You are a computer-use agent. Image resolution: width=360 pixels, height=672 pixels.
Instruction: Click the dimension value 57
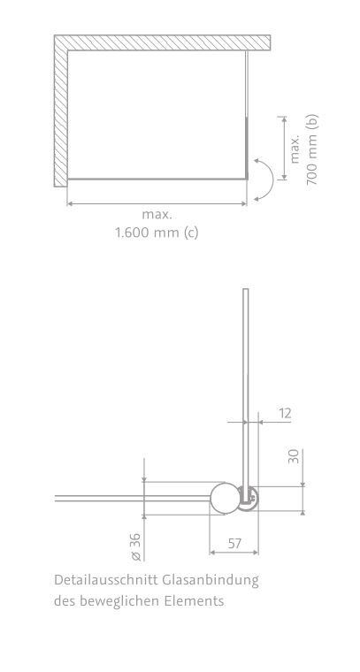234,543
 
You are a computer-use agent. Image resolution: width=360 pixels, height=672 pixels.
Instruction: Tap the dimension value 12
283,412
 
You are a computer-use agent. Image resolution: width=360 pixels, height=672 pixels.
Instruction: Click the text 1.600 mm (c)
157,233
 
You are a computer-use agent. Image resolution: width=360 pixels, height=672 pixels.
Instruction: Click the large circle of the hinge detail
224,499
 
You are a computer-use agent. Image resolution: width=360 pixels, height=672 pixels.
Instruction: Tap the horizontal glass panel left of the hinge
133,499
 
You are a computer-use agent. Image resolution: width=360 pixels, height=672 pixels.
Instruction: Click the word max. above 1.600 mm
157,215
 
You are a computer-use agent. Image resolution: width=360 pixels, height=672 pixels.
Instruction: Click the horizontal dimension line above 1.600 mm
157,203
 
